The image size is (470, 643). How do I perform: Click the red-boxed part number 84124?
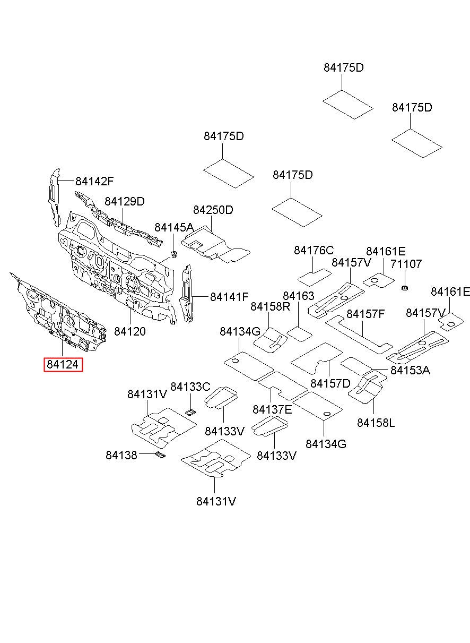[x=63, y=365]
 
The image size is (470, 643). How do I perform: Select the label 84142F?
[x=94, y=181]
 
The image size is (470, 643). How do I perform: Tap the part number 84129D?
[x=125, y=202]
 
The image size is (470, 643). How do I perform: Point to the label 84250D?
[x=213, y=210]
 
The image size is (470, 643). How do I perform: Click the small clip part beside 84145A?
[x=173, y=254]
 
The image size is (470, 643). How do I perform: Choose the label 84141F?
[x=229, y=297]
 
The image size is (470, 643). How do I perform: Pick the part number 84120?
[x=130, y=331]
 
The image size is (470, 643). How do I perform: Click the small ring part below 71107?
[x=405, y=288]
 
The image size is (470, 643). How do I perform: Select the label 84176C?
[x=314, y=250]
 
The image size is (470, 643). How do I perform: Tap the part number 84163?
[x=299, y=296]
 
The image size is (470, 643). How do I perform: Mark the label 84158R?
[x=271, y=306]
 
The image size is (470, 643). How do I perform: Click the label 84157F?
[x=365, y=314]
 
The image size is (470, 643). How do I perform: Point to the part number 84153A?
[x=411, y=370]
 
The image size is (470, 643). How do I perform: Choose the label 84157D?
[x=330, y=383]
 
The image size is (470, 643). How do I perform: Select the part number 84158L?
[x=376, y=423]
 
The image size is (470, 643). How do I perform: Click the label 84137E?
[x=273, y=409]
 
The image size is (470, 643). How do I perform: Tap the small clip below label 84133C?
[x=190, y=413]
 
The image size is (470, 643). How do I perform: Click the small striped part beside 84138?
[x=160, y=455]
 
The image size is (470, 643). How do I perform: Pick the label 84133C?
[x=190, y=387]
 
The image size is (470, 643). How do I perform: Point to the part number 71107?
[x=406, y=264]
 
